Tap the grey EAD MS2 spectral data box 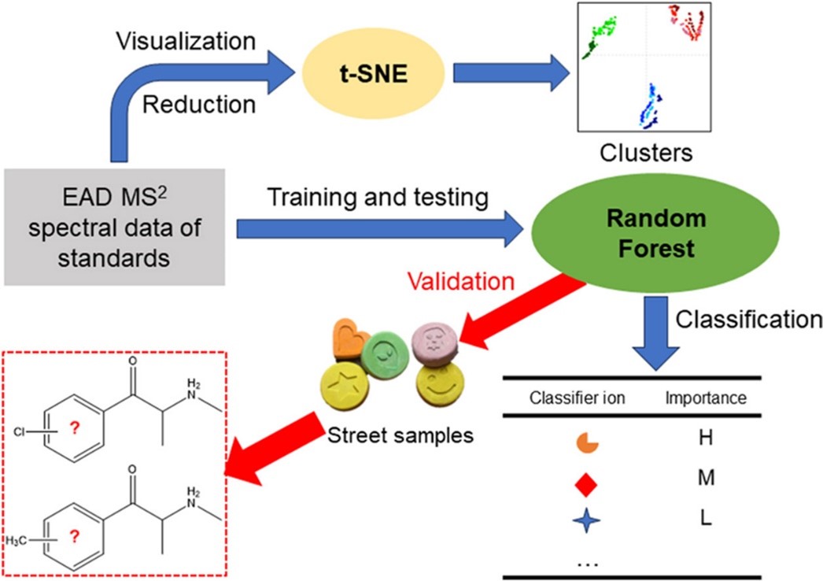[115, 225]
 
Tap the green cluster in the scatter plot [601, 35]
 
